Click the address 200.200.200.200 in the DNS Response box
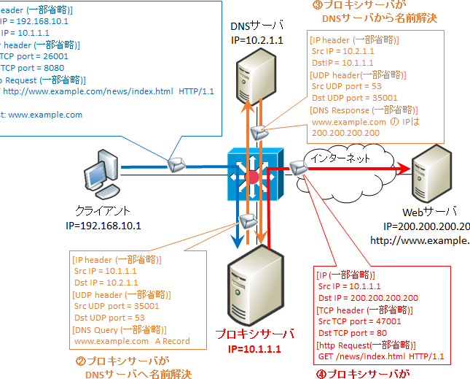point(345,133)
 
